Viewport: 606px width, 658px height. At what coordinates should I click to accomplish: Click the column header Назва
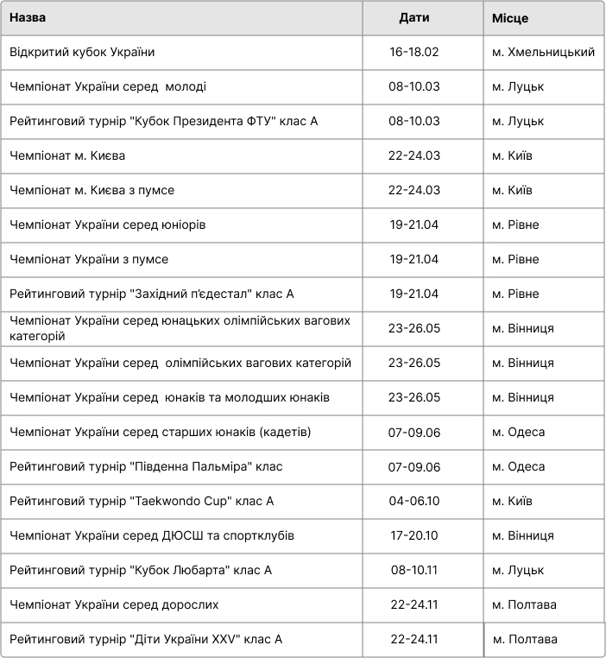click(x=28, y=18)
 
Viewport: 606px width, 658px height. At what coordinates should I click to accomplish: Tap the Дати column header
click(x=414, y=18)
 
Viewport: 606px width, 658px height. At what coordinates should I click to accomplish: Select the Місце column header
click(x=510, y=18)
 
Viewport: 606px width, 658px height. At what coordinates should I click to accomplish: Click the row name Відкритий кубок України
click(x=82, y=53)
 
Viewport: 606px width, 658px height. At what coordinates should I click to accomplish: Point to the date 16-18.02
click(x=414, y=53)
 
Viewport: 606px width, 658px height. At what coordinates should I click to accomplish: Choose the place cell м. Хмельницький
click(x=543, y=53)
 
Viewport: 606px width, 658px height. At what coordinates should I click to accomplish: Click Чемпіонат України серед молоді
click(x=108, y=87)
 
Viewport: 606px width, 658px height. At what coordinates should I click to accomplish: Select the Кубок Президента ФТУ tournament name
click(x=164, y=122)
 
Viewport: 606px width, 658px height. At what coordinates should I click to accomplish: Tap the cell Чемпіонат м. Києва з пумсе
click(x=92, y=191)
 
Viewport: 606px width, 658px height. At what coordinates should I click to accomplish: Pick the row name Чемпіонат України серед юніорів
click(x=108, y=225)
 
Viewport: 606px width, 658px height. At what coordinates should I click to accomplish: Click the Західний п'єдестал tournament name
click(x=152, y=294)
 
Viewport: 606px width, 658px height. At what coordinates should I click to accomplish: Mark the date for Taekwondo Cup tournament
click(x=414, y=502)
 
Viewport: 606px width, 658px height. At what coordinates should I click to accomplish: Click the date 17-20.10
click(x=414, y=536)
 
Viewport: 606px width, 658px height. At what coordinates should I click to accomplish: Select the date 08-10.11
click(x=414, y=571)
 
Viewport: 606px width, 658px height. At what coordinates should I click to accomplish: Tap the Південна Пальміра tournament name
click(x=146, y=467)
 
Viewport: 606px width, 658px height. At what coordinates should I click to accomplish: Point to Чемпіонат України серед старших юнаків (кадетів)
click(x=161, y=433)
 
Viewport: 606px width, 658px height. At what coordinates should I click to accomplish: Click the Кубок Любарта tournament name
click(x=141, y=571)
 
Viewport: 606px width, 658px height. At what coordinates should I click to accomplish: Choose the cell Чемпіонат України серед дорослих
click(x=114, y=605)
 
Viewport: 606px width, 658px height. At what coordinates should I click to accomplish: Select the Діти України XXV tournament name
click(x=146, y=640)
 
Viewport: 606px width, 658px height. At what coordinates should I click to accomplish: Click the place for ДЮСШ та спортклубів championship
click(x=523, y=536)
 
